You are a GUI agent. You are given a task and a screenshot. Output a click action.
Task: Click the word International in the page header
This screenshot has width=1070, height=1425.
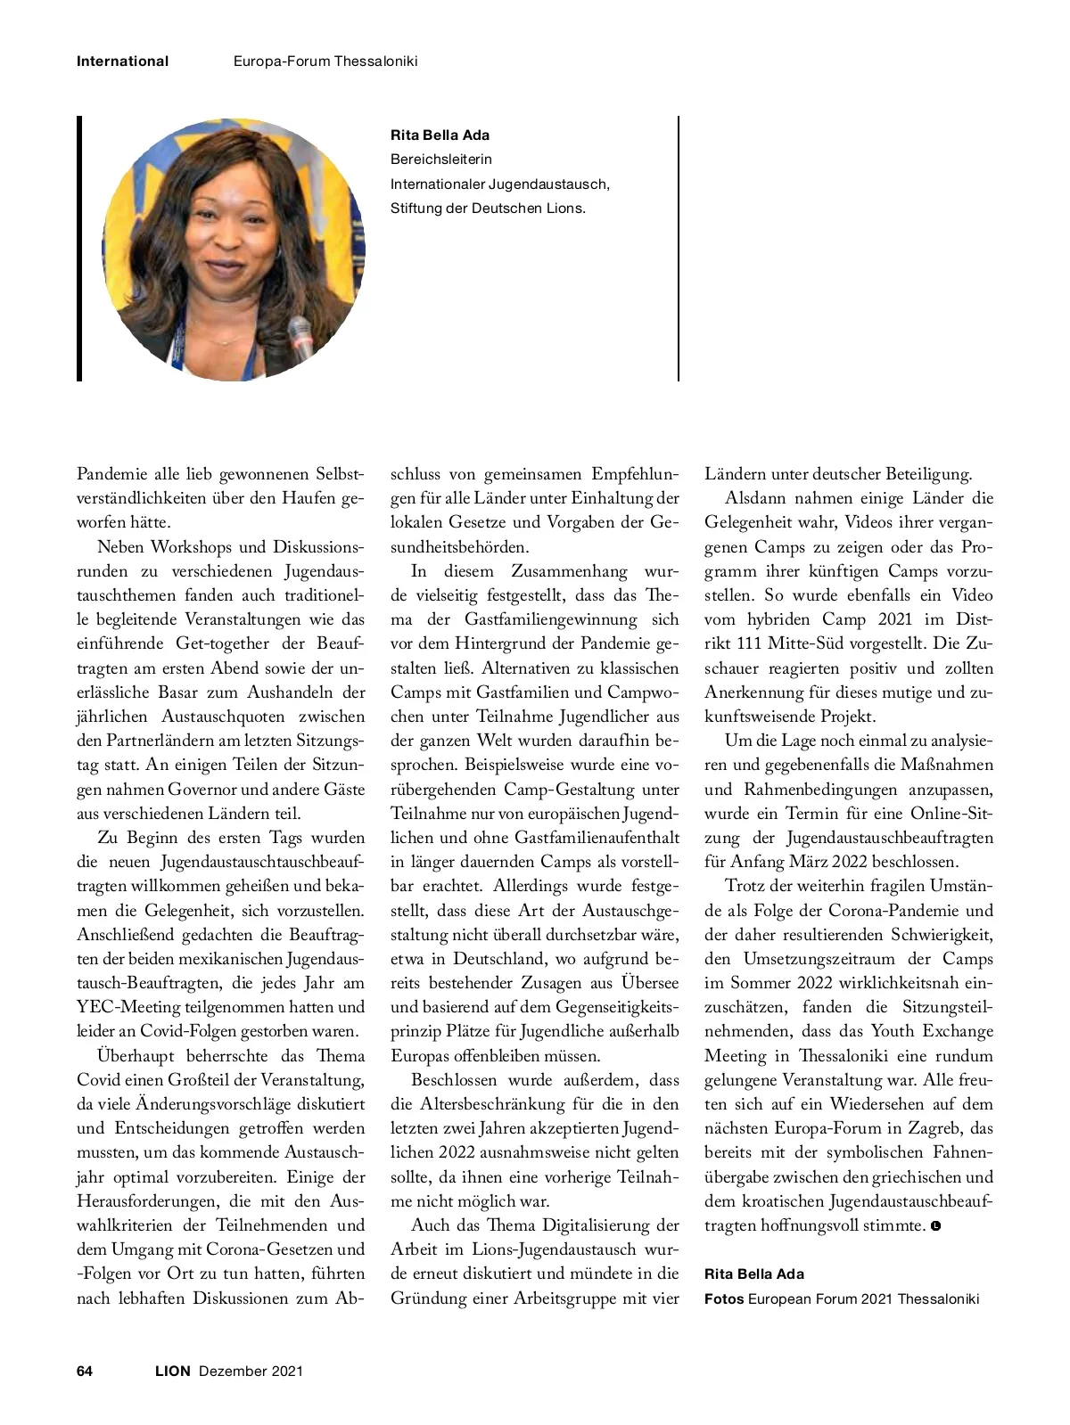[122, 61]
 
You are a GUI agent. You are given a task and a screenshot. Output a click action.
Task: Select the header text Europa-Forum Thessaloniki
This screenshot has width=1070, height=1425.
[325, 61]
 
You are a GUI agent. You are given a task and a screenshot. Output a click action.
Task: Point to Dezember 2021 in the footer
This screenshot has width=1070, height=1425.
[251, 1371]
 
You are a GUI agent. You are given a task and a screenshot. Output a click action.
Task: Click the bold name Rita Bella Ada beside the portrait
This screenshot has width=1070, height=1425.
[440, 135]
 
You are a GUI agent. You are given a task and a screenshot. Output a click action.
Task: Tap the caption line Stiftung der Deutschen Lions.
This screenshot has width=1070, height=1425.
[488, 209]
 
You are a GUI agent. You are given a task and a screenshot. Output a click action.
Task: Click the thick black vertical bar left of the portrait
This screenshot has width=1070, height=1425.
[79, 249]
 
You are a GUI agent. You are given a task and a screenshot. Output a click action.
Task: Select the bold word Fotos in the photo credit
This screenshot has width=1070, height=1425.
[724, 1298]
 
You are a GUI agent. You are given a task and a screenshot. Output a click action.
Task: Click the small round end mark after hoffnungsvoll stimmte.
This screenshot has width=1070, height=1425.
[935, 1226]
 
